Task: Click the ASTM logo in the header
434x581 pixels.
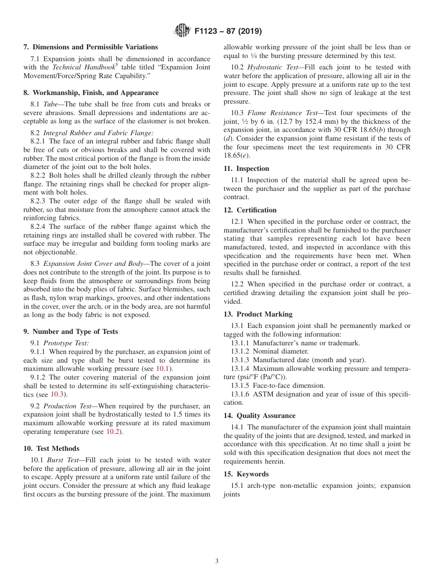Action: pos(182,31)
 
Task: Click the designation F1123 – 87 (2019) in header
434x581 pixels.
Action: pos(228,32)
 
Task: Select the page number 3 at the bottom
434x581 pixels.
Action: pos(217,561)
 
